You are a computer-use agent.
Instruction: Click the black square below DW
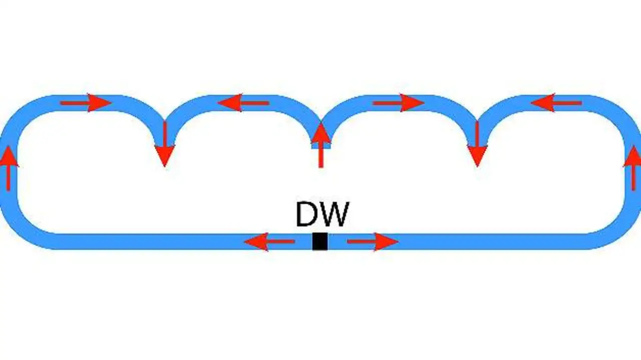(320, 241)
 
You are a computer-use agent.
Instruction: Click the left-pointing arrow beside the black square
(269, 242)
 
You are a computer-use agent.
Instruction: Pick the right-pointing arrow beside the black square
(372, 242)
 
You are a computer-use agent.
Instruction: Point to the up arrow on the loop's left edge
(8, 168)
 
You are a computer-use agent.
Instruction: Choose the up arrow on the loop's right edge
(633, 168)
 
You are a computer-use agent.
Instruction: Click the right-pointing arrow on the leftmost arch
(85, 103)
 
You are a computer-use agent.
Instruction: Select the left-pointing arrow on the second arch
(244, 103)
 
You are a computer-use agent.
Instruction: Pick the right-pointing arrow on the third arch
(398, 103)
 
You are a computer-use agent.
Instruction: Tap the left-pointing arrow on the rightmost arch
(556, 103)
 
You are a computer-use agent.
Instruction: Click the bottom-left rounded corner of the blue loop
(23, 228)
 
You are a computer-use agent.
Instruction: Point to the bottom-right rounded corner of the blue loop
(618, 228)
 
